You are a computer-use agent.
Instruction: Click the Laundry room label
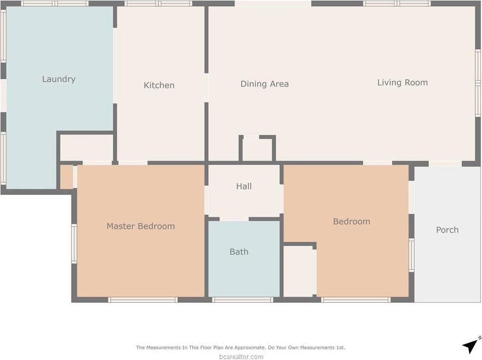coord(59,79)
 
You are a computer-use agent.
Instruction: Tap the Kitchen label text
coord(159,85)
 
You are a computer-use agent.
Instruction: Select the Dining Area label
coord(264,84)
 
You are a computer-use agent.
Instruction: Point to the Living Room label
coord(402,83)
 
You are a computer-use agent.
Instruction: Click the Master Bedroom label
coord(141,226)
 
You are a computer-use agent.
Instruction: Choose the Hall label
coord(243,186)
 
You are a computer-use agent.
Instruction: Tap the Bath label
coord(239,252)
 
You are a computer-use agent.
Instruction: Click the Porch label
coord(447,230)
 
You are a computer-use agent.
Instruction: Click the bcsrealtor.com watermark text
coord(241,357)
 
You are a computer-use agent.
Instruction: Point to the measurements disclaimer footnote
coord(241,348)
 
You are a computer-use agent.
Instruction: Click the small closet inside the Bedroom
coord(299,271)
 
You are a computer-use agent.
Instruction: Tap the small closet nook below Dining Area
coord(257,149)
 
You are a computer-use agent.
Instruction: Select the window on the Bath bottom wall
coord(242,300)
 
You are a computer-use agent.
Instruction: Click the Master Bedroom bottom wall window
coord(143,300)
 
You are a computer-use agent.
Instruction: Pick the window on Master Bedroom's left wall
coord(74,243)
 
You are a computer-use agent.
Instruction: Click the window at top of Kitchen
coord(159,3)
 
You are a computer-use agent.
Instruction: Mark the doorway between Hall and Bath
coord(234,219)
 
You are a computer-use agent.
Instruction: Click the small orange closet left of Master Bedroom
coord(66,177)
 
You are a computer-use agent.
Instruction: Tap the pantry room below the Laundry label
coord(86,147)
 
